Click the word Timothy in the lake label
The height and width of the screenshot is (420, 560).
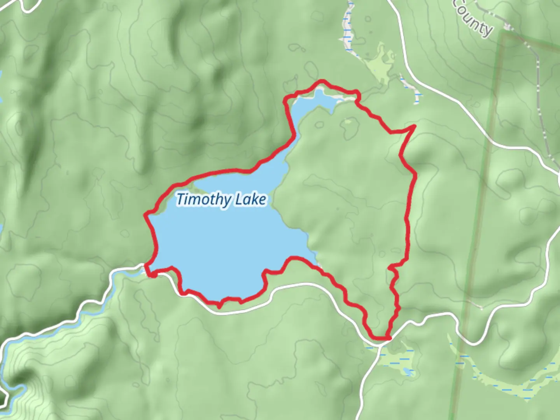[203, 200]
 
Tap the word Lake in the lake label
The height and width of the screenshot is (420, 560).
[251, 199]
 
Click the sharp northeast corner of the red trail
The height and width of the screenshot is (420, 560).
[415, 126]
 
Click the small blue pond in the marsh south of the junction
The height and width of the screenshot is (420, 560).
[407, 372]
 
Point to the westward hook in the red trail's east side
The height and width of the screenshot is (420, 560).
[390, 268]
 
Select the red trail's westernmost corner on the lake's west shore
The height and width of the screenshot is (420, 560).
[145, 214]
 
